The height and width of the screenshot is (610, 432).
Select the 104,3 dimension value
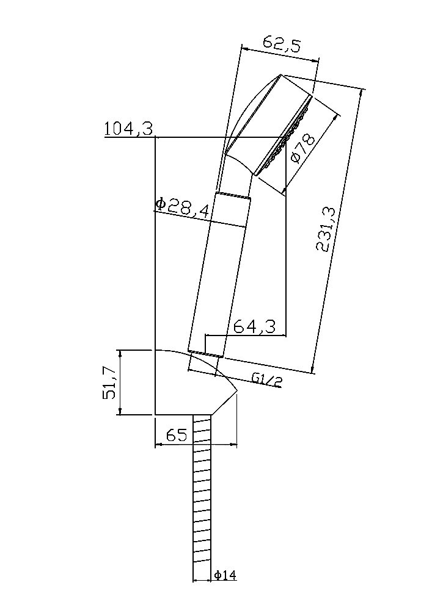(128, 129)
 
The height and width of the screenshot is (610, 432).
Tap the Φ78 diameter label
(302, 148)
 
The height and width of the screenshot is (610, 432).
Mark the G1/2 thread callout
(267, 379)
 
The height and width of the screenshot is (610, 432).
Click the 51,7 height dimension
(110, 383)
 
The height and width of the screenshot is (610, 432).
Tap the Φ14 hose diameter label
(225, 575)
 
